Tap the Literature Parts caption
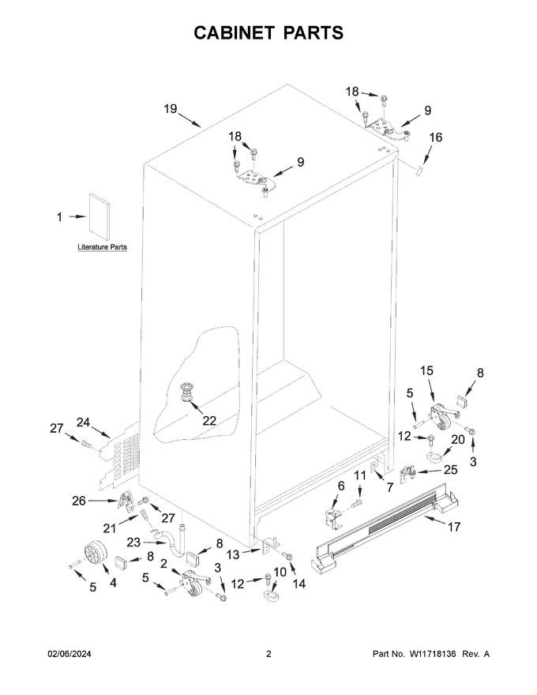pyautogui.click(x=103, y=247)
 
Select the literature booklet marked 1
pyautogui.click(x=100, y=214)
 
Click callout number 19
pyautogui.click(x=171, y=109)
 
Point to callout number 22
pyautogui.click(x=209, y=420)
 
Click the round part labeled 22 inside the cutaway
pyautogui.click(x=187, y=393)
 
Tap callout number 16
pyautogui.click(x=436, y=137)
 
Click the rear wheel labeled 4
pyautogui.click(x=96, y=554)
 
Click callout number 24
pyautogui.click(x=83, y=423)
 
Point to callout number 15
pyautogui.click(x=426, y=370)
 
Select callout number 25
pyautogui.click(x=451, y=469)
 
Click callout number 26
pyautogui.click(x=79, y=501)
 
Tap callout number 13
pyautogui.click(x=233, y=554)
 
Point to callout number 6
pyautogui.click(x=340, y=486)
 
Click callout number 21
pyautogui.click(x=110, y=528)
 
